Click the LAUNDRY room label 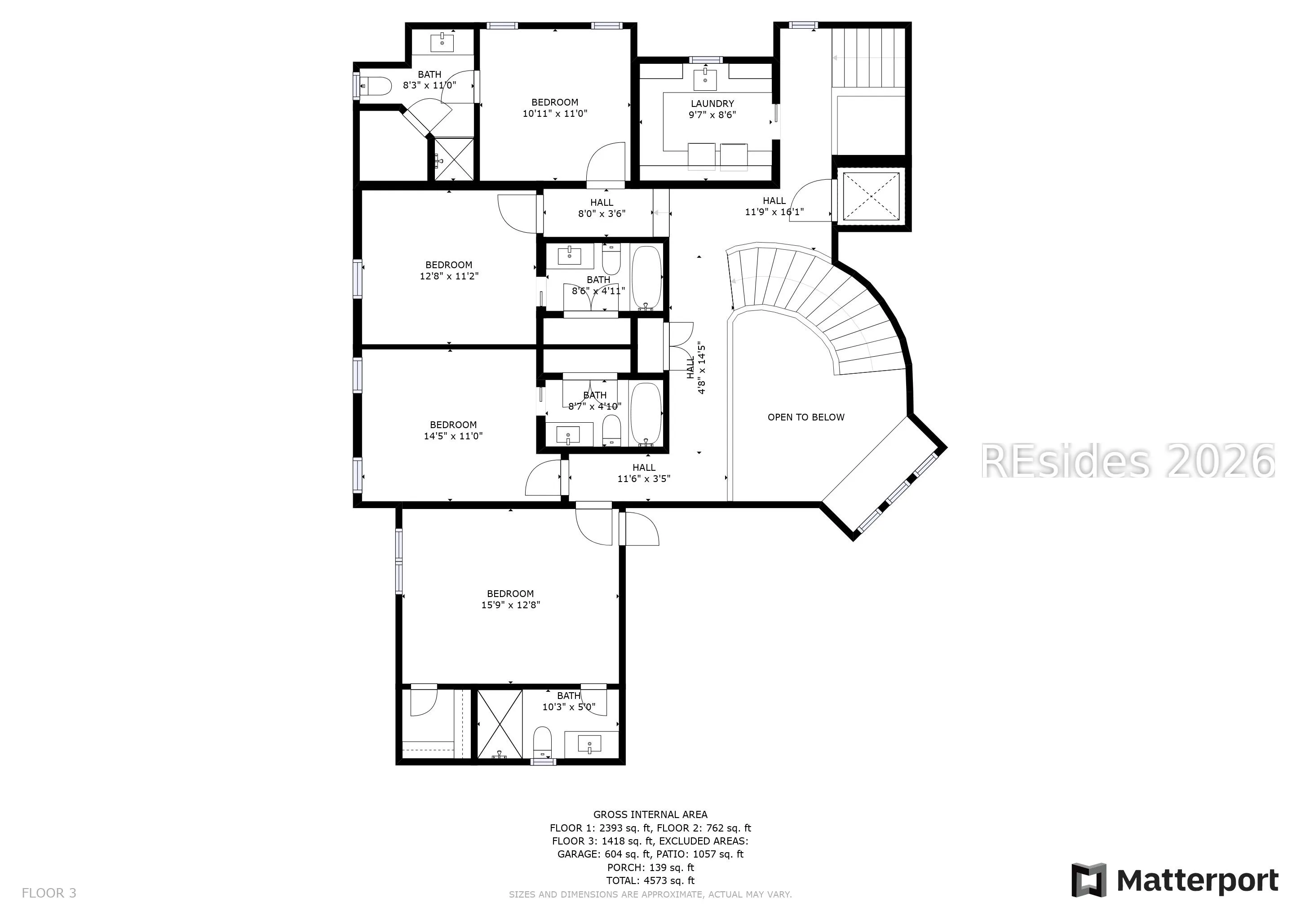point(712,104)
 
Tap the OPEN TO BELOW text point(806,417)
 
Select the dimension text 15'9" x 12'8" point(510,605)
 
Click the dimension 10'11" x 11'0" point(555,113)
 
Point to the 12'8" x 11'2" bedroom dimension point(449,276)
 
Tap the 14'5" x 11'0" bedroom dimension point(453,436)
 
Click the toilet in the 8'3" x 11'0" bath point(375,86)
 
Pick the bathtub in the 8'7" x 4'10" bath point(646,414)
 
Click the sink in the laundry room point(705,80)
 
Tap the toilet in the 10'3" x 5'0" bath point(542,742)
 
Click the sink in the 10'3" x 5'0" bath point(590,744)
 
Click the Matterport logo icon point(1089,880)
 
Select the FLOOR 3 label point(49,893)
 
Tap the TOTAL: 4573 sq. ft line point(650,881)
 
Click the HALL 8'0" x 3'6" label point(602,208)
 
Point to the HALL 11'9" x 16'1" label point(774,206)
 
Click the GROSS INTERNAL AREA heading point(650,814)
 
